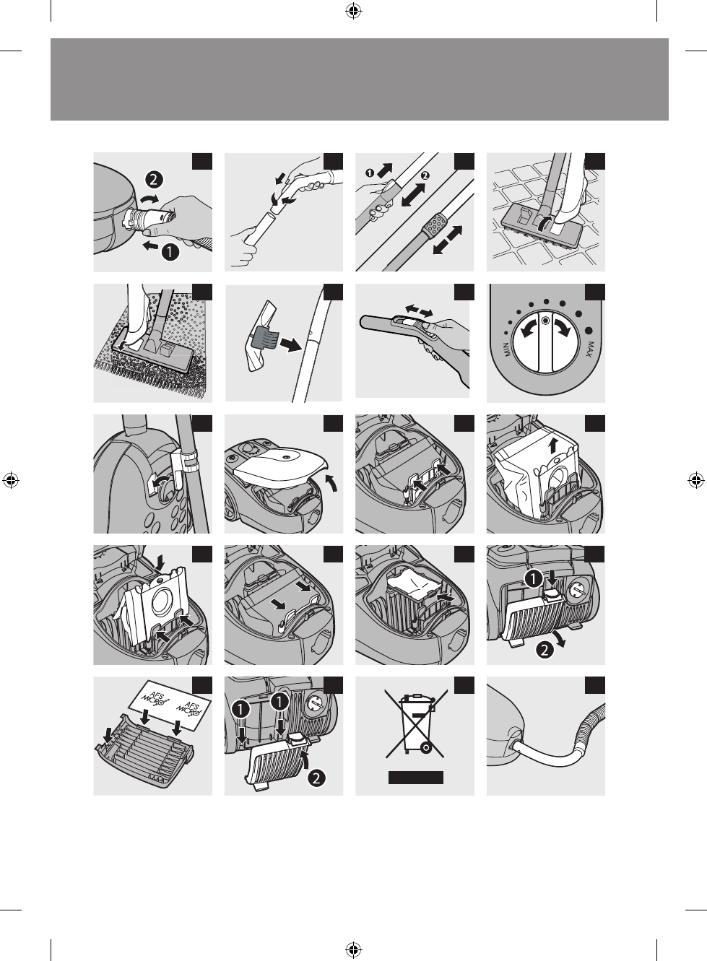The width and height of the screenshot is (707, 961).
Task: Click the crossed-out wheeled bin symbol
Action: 415,723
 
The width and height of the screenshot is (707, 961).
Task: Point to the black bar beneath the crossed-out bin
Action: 416,778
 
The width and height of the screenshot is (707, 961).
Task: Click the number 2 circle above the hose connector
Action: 154,180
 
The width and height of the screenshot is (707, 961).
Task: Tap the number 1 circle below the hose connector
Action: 170,252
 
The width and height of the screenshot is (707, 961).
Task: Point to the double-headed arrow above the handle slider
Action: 419,310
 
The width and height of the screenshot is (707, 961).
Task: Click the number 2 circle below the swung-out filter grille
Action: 545,651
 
